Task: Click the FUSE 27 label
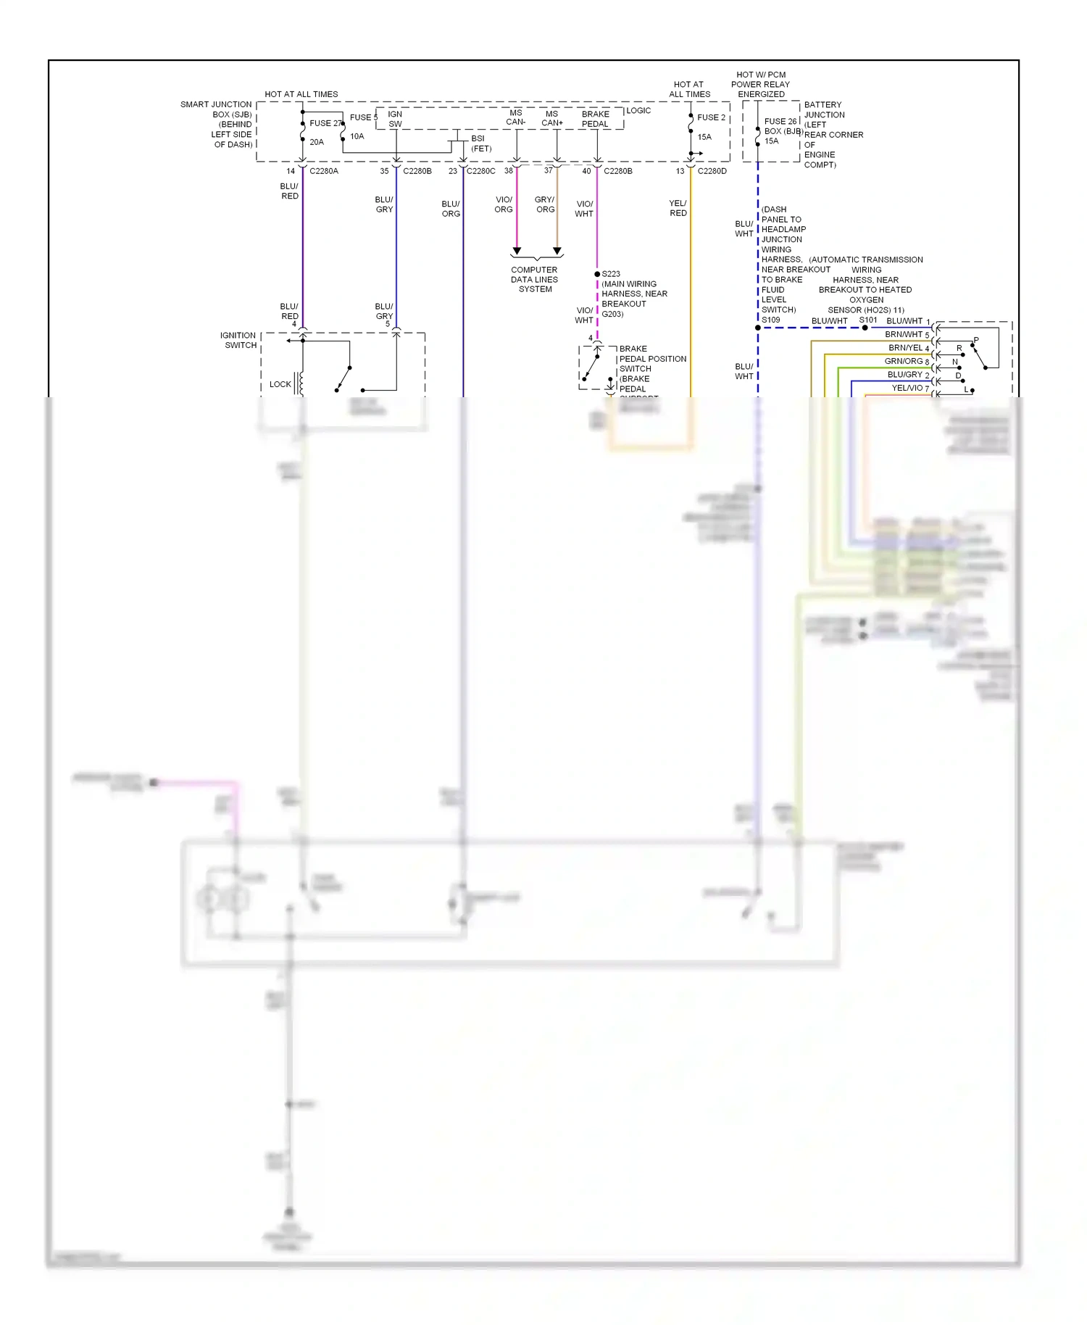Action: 325,123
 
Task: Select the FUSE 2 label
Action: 711,117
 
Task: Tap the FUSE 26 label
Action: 780,122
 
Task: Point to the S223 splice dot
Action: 597,274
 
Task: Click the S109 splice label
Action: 771,320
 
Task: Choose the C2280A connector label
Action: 324,171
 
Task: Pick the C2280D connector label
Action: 712,171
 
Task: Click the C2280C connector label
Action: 481,171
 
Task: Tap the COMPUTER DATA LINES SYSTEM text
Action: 535,279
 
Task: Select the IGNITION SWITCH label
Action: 238,340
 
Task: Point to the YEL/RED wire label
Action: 678,208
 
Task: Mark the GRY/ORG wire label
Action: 545,204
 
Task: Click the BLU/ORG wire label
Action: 451,209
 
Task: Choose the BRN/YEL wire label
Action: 905,348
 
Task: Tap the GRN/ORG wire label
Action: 903,361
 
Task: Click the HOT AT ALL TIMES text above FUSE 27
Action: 301,94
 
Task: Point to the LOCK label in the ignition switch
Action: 280,384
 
